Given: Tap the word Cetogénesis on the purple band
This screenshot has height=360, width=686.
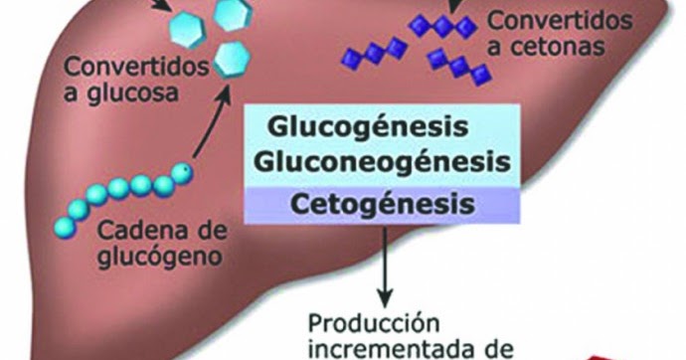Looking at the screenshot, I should coord(382,205).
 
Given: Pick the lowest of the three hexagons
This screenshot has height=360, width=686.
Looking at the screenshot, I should coord(231,56).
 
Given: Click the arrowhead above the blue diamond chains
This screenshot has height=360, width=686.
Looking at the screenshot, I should coord(455,6).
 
